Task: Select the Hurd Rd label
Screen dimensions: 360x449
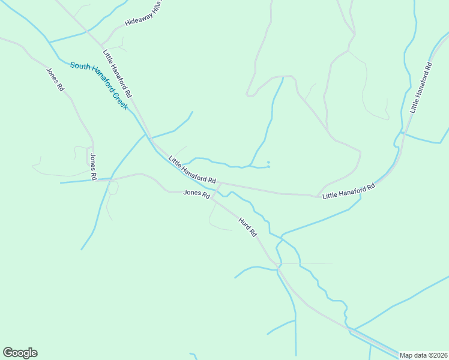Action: pos(247,226)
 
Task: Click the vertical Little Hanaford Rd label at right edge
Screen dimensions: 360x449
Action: pos(420,88)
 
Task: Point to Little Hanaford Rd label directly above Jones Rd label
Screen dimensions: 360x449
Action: pos(192,170)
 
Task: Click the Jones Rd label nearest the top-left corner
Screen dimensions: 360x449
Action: pos(55,79)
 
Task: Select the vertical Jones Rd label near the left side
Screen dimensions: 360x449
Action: pos(93,167)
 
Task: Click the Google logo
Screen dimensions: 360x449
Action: pos(20,353)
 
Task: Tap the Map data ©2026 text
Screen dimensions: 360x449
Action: pos(424,355)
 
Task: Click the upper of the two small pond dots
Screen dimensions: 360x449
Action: pos(268,162)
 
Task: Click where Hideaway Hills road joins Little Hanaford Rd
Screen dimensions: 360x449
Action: pos(101,46)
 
